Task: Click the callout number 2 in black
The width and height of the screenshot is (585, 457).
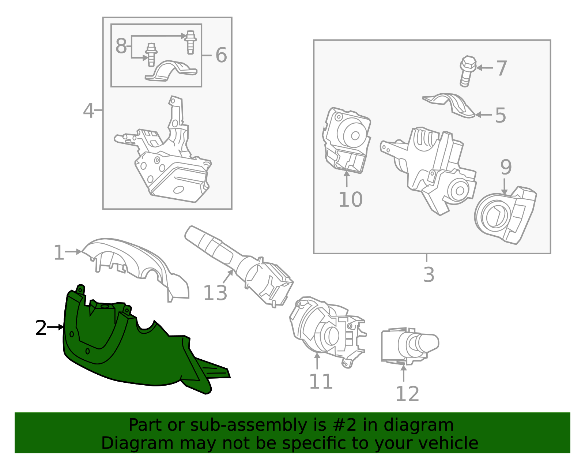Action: (41, 328)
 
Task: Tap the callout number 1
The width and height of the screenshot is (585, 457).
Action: (58, 253)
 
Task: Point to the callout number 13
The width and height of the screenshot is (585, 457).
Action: (215, 293)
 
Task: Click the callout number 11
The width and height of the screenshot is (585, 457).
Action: (321, 382)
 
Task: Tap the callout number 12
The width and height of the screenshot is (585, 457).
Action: (407, 394)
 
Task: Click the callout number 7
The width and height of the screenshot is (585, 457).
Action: (501, 68)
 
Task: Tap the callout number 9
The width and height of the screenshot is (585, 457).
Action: (506, 167)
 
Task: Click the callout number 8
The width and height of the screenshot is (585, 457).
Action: (121, 46)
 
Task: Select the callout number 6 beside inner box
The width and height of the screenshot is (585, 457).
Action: (221, 55)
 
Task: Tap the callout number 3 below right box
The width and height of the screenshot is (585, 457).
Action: (429, 275)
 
